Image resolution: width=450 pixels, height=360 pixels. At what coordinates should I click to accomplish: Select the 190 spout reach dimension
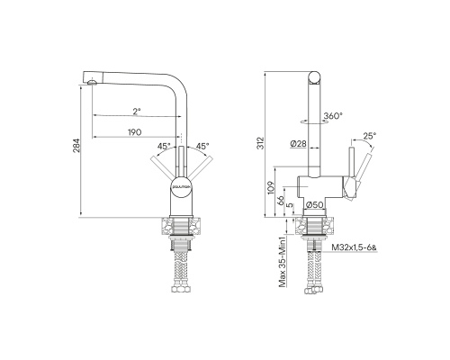tap(135, 132)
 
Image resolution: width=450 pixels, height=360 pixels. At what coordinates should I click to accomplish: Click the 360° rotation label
tap(334, 116)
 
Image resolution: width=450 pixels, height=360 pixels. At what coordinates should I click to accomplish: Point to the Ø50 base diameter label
tap(314, 205)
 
